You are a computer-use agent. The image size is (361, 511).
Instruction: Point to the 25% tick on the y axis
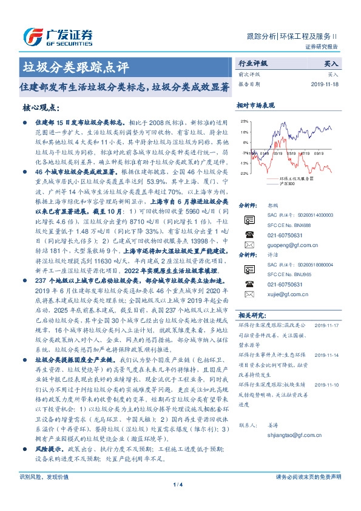coord(245,121)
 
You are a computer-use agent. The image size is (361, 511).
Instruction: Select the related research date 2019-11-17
coord(328,325)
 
